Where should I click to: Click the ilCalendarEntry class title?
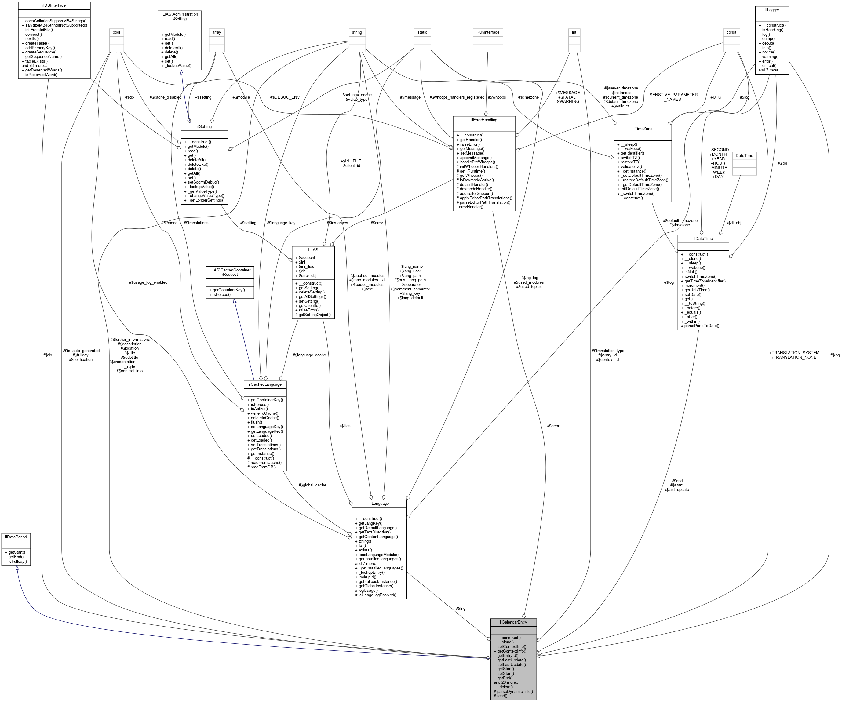pos(513,622)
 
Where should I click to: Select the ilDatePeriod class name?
pos(16,537)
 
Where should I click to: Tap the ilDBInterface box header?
pos(54,5)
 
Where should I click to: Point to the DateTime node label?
pos(744,155)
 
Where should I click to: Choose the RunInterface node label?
pos(487,32)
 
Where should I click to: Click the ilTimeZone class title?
pos(642,129)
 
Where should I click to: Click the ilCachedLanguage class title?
pos(265,384)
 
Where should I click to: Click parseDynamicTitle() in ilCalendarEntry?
pos(513,691)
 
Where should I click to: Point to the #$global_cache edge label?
pos(312,485)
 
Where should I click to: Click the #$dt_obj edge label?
pos(733,223)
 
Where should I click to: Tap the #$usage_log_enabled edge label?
pos(148,282)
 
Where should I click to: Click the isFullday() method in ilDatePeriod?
pos(16,561)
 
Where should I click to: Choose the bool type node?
pos(116,32)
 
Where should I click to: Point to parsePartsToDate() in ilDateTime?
pos(700,326)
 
